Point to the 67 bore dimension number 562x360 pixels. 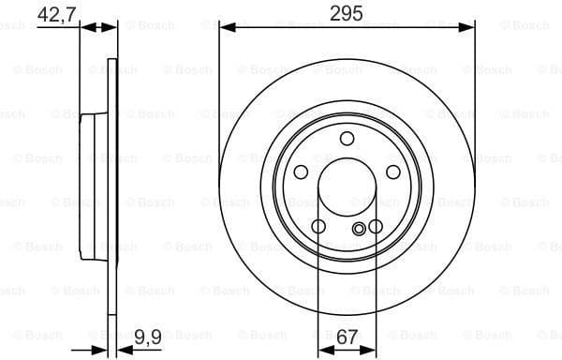[x=347, y=335]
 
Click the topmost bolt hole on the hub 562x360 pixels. [x=347, y=140]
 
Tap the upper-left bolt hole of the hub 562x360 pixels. [x=302, y=172]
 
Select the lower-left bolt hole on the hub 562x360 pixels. [x=318, y=226]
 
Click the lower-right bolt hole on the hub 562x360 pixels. [x=375, y=226]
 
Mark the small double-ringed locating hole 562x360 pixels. [x=359, y=230]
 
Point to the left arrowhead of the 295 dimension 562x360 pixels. [x=225, y=28]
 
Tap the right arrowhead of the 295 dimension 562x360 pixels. [x=468, y=28]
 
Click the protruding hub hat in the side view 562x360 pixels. [x=89, y=187]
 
